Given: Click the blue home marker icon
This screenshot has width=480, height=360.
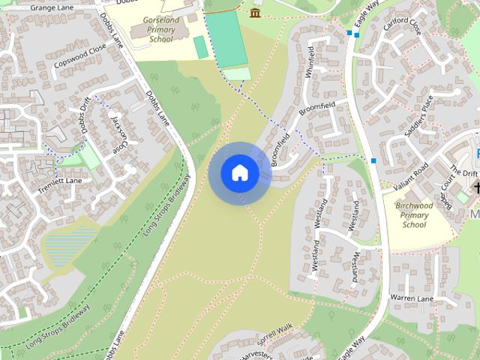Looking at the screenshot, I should pyautogui.click(x=240, y=173).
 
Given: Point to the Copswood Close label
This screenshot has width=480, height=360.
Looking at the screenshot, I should pyautogui.click(x=80, y=57).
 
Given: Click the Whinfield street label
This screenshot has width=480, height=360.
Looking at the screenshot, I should pyautogui.click(x=310, y=58).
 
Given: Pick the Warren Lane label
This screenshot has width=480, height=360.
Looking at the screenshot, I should pyautogui.click(x=412, y=298).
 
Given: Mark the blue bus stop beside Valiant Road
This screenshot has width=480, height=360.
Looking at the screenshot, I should pyautogui.click(x=373, y=160).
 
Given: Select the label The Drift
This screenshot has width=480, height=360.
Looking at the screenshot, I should pyautogui.click(x=464, y=172).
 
